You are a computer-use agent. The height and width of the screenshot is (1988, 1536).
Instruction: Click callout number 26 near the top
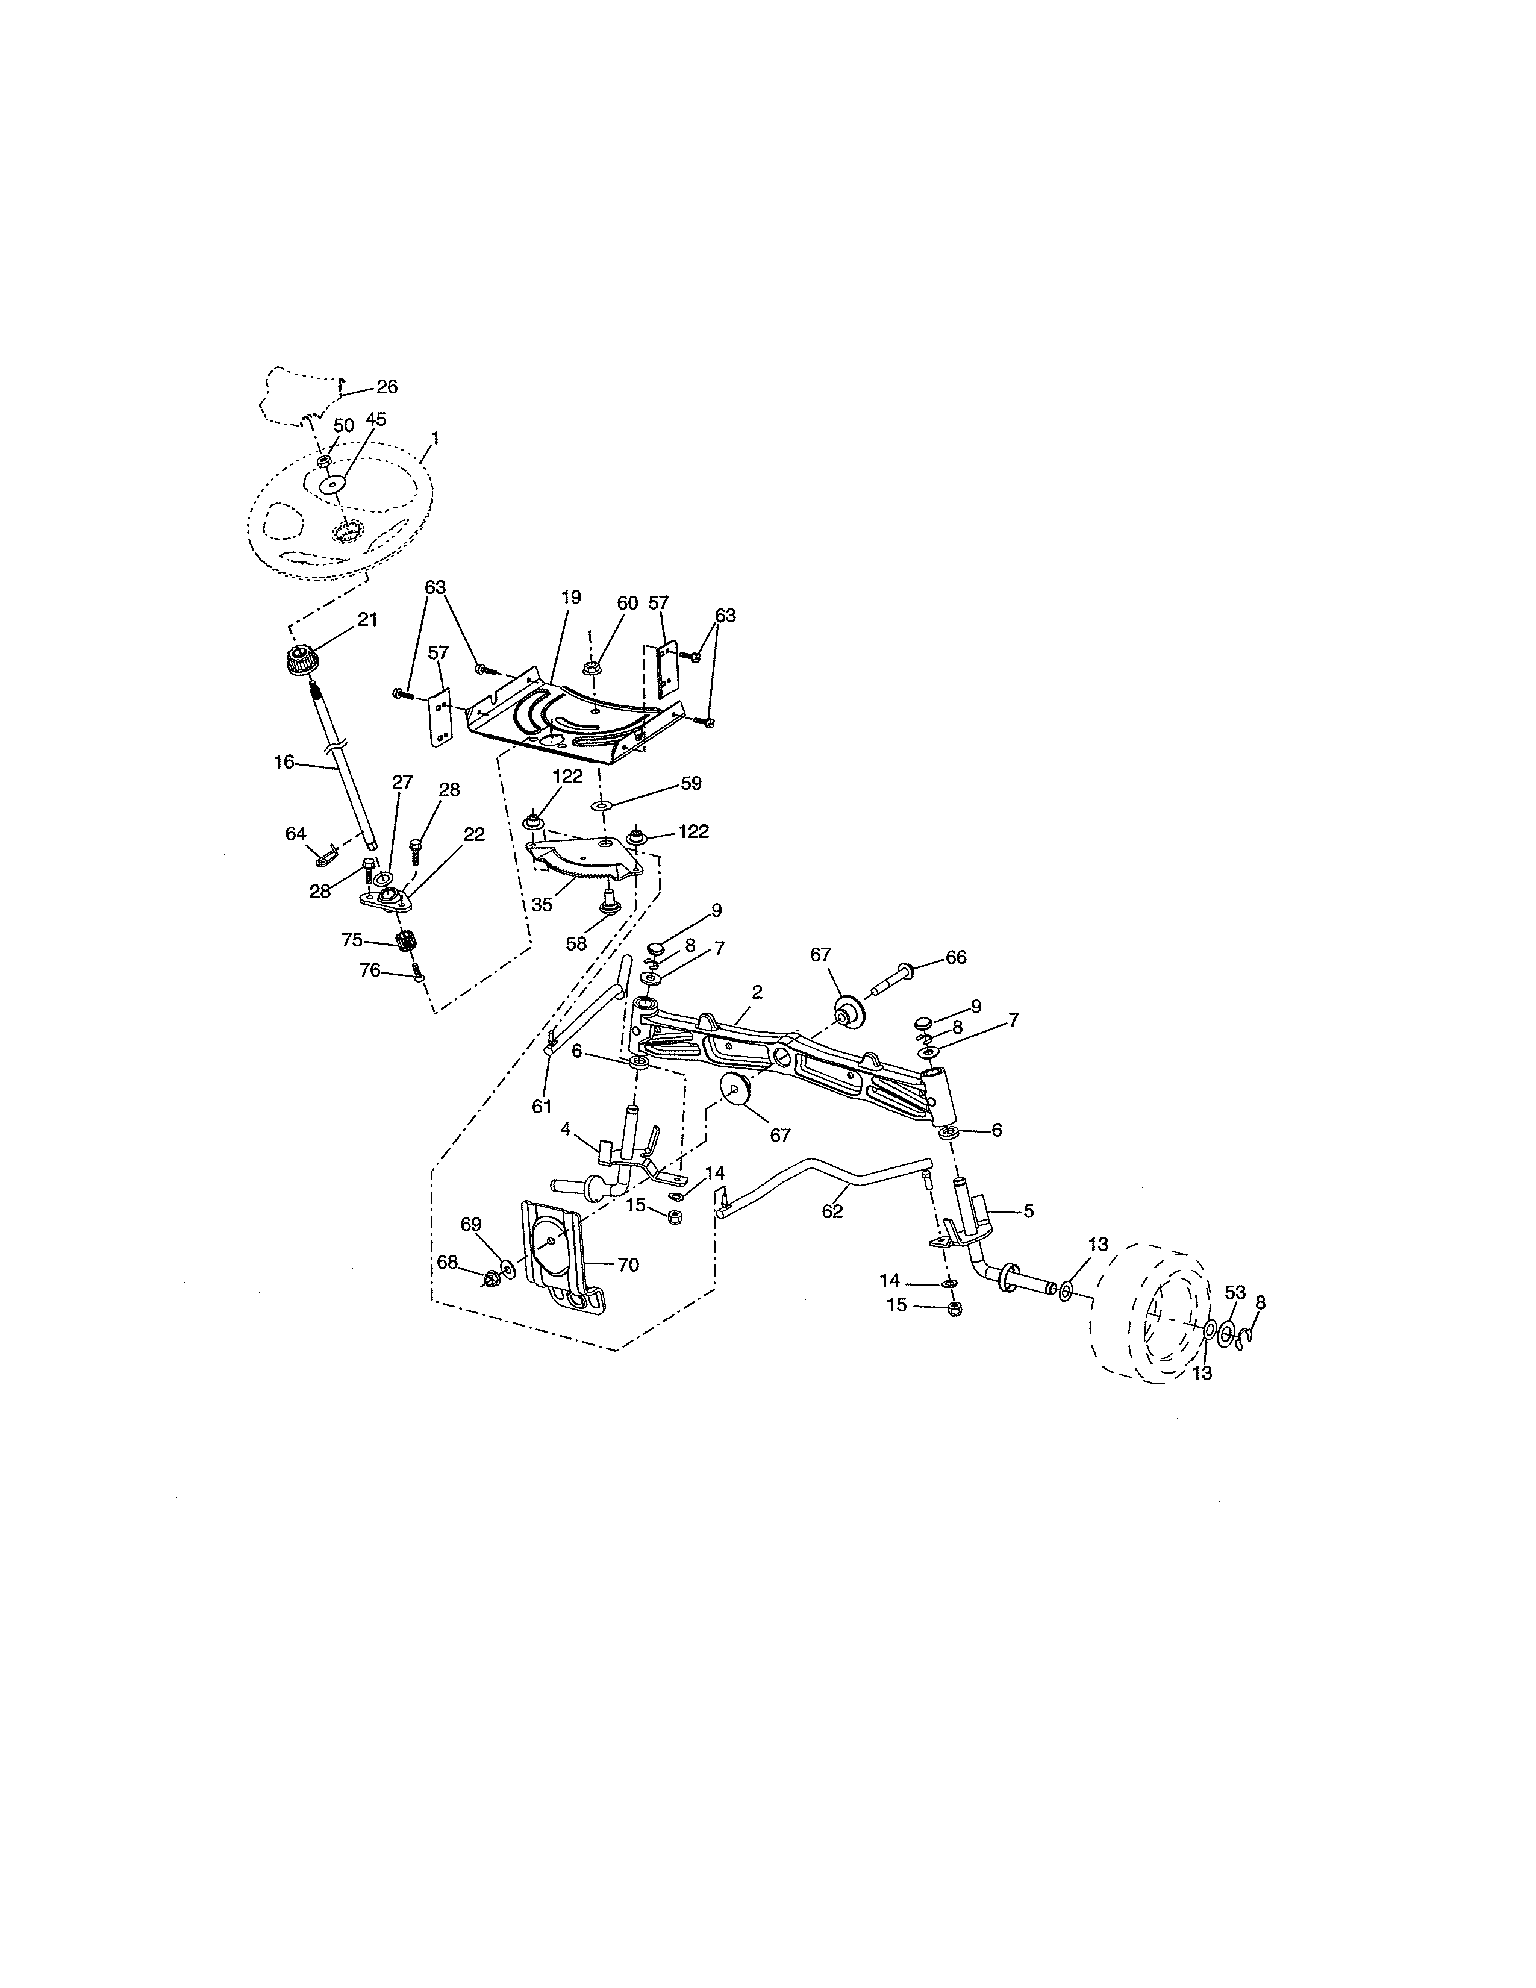[387, 387]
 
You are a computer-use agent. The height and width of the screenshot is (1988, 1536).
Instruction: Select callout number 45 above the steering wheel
[376, 420]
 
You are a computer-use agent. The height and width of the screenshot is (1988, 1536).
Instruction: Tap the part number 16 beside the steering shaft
[284, 762]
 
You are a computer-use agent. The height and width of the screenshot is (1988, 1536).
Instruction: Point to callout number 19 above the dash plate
[570, 598]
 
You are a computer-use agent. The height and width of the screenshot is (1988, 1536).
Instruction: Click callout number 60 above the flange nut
[628, 604]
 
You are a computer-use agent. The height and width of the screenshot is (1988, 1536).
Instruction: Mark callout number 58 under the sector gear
[577, 944]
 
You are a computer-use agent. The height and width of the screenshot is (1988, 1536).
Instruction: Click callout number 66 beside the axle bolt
[955, 958]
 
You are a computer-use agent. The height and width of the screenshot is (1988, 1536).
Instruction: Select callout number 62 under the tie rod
[832, 1211]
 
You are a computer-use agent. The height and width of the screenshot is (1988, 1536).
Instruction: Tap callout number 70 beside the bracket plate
[628, 1264]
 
